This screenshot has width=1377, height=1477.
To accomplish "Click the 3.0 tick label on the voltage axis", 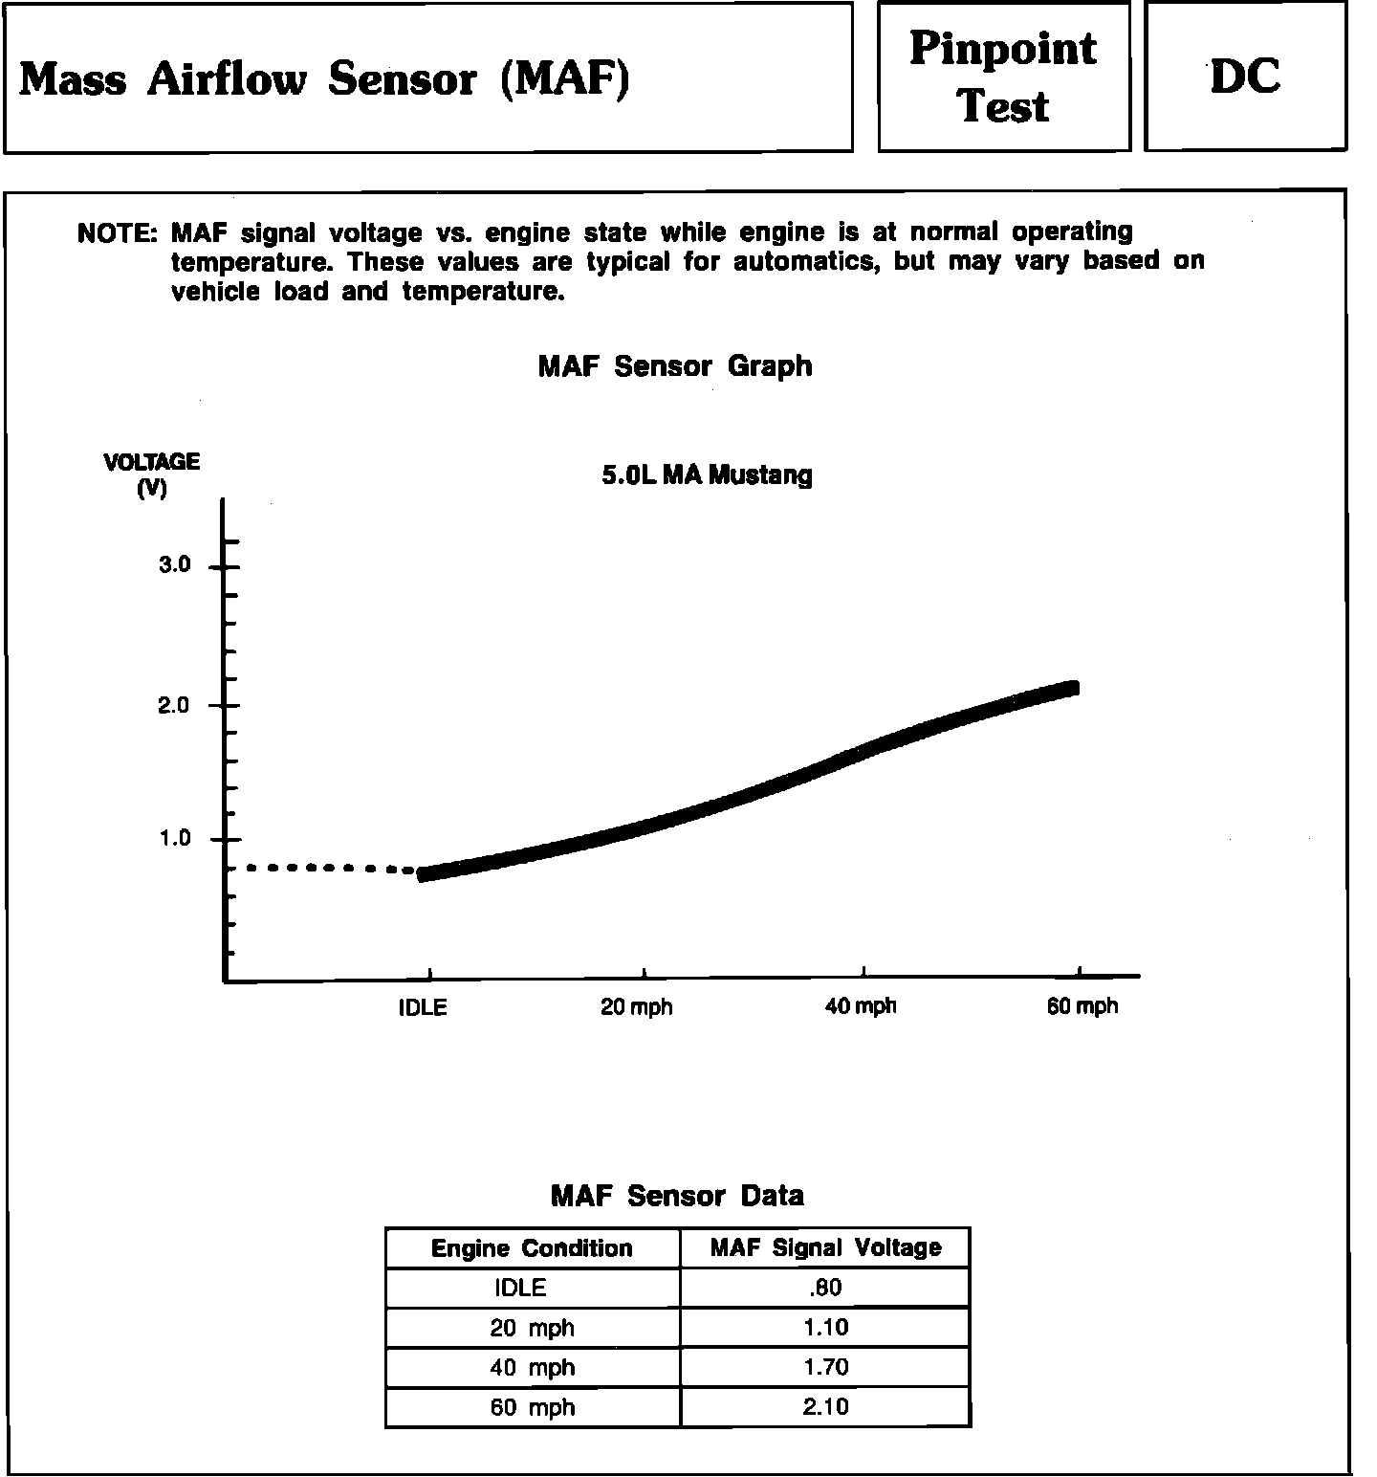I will pyautogui.click(x=175, y=565).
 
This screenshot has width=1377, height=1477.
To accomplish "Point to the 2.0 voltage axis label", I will pyautogui.click(x=175, y=706).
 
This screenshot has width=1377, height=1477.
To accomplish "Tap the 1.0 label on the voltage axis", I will pyautogui.click(x=175, y=839).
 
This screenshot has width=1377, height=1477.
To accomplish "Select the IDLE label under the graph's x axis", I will pyautogui.click(x=423, y=1007).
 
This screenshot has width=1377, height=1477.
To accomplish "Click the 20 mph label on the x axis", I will pyautogui.click(x=636, y=1007).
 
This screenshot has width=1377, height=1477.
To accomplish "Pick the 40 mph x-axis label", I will pyautogui.click(x=861, y=1006).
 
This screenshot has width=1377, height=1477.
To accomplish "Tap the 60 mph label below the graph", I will pyautogui.click(x=1082, y=1006).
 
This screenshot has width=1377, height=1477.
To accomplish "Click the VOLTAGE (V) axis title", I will pyautogui.click(x=152, y=474).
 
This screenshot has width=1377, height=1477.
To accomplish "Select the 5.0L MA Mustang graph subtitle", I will pyautogui.click(x=707, y=475).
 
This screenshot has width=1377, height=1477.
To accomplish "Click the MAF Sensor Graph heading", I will pyautogui.click(x=675, y=366).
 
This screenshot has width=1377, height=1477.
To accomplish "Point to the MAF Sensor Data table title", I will pyautogui.click(x=677, y=1196).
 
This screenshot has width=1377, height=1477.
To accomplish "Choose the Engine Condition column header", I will pyautogui.click(x=532, y=1248).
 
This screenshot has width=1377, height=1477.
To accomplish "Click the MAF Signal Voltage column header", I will pyautogui.click(x=825, y=1247).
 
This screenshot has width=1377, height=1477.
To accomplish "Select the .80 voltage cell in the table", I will pyautogui.click(x=825, y=1288).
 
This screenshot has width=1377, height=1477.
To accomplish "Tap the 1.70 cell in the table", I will pyautogui.click(x=825, y=1367).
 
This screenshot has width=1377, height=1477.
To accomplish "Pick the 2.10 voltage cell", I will pyautogui.click(x=825, y=1407).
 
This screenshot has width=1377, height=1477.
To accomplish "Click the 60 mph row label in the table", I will pyautogui.click(x=533, y=1407).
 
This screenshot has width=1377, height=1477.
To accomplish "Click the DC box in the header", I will pyautogui.click(x=1245, y=77).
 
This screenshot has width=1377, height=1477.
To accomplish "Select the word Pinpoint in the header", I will pyautogui.click(x=1003, y=49).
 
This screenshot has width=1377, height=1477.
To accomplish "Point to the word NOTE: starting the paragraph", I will pyautogui.click(x=117, y=233).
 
